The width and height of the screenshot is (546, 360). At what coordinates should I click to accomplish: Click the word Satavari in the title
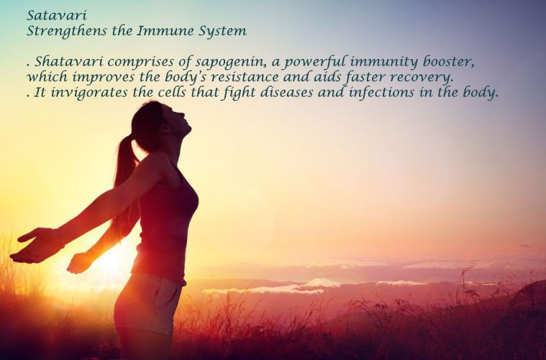(x=57, y=15)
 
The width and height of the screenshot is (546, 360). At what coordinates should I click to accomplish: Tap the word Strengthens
(x=67, y=32)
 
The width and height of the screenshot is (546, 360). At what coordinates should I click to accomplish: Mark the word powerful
(x=315, y=63)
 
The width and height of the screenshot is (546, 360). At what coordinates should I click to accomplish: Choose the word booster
(x=448, y=62)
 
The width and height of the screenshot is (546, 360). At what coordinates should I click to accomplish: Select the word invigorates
(x=89, y=93)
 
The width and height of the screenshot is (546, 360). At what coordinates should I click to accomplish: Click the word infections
(x=381, y=92)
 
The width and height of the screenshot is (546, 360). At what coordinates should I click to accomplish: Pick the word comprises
(x=141, y=63)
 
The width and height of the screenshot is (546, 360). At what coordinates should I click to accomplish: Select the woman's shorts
(x=148, y=302)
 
